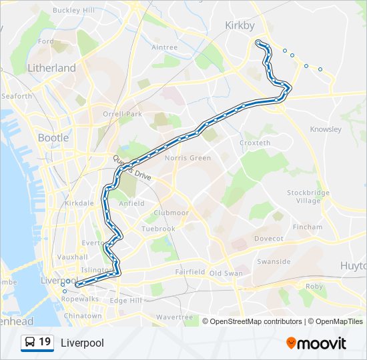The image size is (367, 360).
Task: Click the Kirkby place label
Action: click(240, 25)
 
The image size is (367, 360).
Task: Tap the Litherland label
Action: click(51, 68)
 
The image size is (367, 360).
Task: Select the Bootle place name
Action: click(53, 138)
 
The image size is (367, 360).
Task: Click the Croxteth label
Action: click(255, 143)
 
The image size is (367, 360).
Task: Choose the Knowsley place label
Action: click(326, 129)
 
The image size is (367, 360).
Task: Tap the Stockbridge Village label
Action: click(308, 197)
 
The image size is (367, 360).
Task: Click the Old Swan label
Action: click(226, 273)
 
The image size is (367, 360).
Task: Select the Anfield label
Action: click(131, 203)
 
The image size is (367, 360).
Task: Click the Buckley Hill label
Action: click(73, 11)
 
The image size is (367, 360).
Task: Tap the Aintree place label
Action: click(164, 47)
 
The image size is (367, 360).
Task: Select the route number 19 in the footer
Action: click(45, 342)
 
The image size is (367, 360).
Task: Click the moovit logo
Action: click(316, 343)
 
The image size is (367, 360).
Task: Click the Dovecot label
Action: click(269, 239)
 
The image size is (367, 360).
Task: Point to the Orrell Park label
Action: click(122, 114)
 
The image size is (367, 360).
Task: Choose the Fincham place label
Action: click(308, 227)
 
